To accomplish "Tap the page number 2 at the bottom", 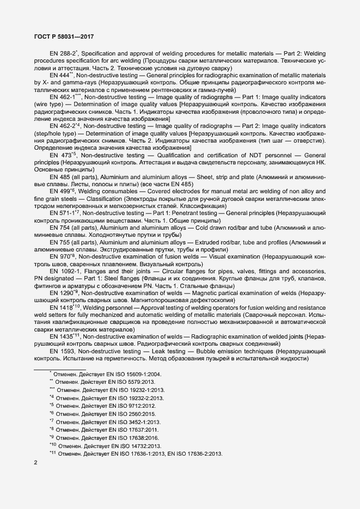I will [x=35, y=463].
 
